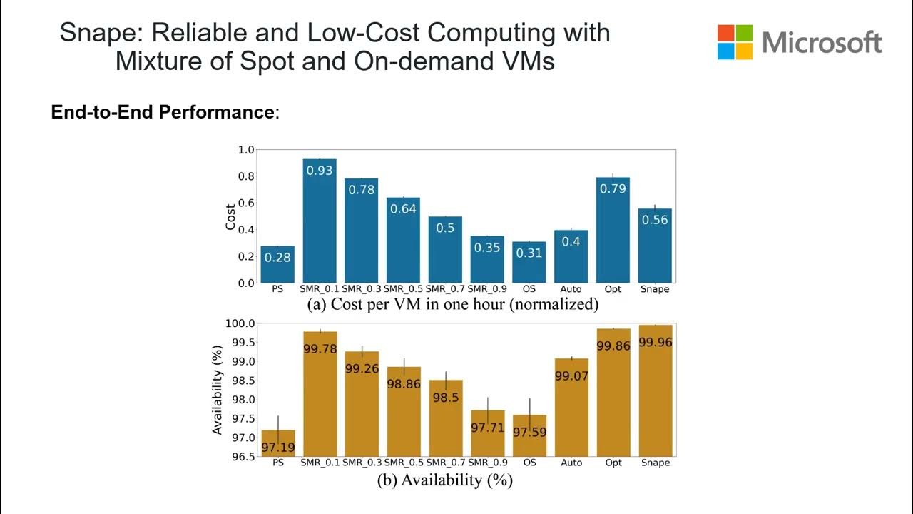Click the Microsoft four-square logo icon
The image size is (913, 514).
(735, 42)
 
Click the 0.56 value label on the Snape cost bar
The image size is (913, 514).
(655, 220)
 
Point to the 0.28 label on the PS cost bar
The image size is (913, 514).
(277, 258)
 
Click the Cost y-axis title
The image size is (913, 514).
(230, 216)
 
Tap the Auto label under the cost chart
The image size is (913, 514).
(571, 290)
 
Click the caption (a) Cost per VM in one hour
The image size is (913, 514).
(452, 304)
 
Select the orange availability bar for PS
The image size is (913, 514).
(277, 443)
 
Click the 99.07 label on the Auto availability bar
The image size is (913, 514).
(571, 376)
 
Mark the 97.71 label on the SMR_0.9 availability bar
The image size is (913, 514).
(487, 428)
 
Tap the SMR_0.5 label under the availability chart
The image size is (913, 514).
(404, 463)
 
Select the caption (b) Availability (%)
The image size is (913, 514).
(444, 480)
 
